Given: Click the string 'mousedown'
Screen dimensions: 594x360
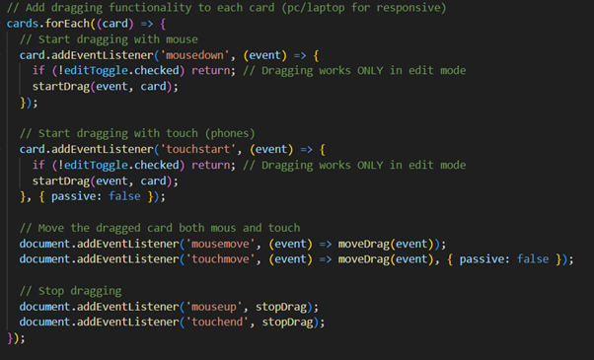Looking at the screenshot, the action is point(194,55).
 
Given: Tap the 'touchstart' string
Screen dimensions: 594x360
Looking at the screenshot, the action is point(197,149).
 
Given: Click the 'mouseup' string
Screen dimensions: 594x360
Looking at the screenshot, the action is point(214,307).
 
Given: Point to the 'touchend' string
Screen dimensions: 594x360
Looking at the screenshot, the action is point(217,323).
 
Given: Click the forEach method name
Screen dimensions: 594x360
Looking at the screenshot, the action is point(67,24).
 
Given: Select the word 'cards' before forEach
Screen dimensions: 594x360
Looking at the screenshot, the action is point(23,24).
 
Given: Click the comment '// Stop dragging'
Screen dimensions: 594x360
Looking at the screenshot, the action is point(70,291).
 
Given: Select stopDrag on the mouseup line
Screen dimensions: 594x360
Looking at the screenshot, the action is point(280,307).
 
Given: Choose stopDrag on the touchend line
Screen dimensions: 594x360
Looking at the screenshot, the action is point(287,323).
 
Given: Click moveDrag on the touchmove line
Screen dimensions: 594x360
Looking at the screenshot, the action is point(364,259).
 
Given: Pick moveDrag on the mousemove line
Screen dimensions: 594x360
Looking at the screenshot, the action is point(364,244).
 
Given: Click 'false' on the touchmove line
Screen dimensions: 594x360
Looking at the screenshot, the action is point(533,259).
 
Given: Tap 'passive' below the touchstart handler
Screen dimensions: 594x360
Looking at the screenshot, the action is point(73,196).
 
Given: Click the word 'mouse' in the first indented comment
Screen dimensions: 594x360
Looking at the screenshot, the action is point(182,39).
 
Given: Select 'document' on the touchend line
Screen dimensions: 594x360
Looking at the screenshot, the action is point(44,323).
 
